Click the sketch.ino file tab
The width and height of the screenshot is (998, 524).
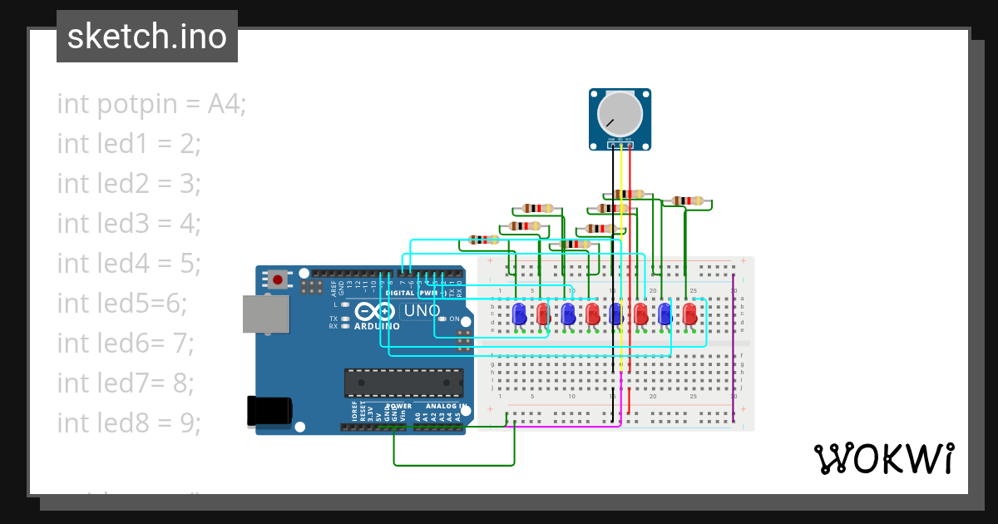coord(146,37)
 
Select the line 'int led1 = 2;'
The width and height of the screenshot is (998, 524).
coord(129,144)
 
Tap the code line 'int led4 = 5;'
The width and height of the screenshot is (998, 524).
coord(129,264)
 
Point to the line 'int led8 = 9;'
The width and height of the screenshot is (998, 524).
coord(129,423)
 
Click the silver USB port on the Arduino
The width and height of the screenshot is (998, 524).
coord(265,314)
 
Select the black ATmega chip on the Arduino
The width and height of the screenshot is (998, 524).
coord(404,383)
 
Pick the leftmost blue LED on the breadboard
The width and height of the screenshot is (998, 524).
coord(519,314)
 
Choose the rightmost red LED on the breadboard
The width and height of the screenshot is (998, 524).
coord(689,314)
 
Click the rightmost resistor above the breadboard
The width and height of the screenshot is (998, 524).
coord(687,200)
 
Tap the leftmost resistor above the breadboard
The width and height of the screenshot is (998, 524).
coord(483,240)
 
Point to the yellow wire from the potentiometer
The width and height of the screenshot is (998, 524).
coord(620,250)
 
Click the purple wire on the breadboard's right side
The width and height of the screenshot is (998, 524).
coord(733,349)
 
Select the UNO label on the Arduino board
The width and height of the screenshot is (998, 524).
coord(420,311)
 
